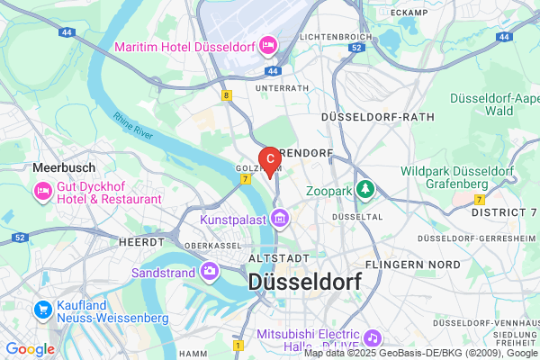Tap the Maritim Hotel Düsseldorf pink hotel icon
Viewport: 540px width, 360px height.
point(267,43)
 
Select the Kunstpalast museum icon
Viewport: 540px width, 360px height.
point(280,218)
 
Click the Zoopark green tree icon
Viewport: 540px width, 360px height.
point(365,188)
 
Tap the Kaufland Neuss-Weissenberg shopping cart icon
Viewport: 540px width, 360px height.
point(42,310)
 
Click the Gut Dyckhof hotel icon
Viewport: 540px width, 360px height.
point(42,190)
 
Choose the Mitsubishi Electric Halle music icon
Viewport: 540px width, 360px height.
point(373,337)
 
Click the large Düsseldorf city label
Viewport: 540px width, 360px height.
point(304,281)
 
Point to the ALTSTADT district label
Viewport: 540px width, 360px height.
point(268,257)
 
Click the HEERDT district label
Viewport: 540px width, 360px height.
point(141,242)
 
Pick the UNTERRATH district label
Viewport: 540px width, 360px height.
point(283,88)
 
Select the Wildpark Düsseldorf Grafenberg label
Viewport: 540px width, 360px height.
point(457,176)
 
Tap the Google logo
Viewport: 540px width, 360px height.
point(30,348)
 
